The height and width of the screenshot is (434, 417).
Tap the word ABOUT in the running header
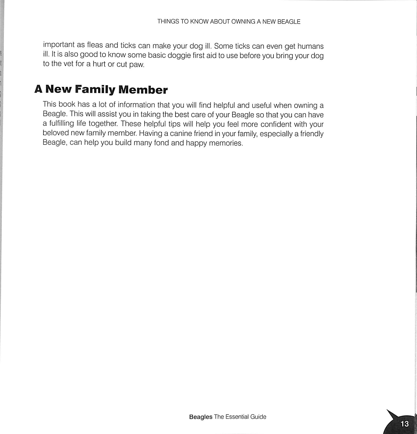pos(219,22)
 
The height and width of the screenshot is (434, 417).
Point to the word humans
pos(310,46)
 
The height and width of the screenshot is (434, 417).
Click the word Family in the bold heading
pos(95,89)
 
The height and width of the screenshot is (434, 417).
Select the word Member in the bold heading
pos(143,90)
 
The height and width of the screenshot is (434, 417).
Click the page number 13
pos(404,424)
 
